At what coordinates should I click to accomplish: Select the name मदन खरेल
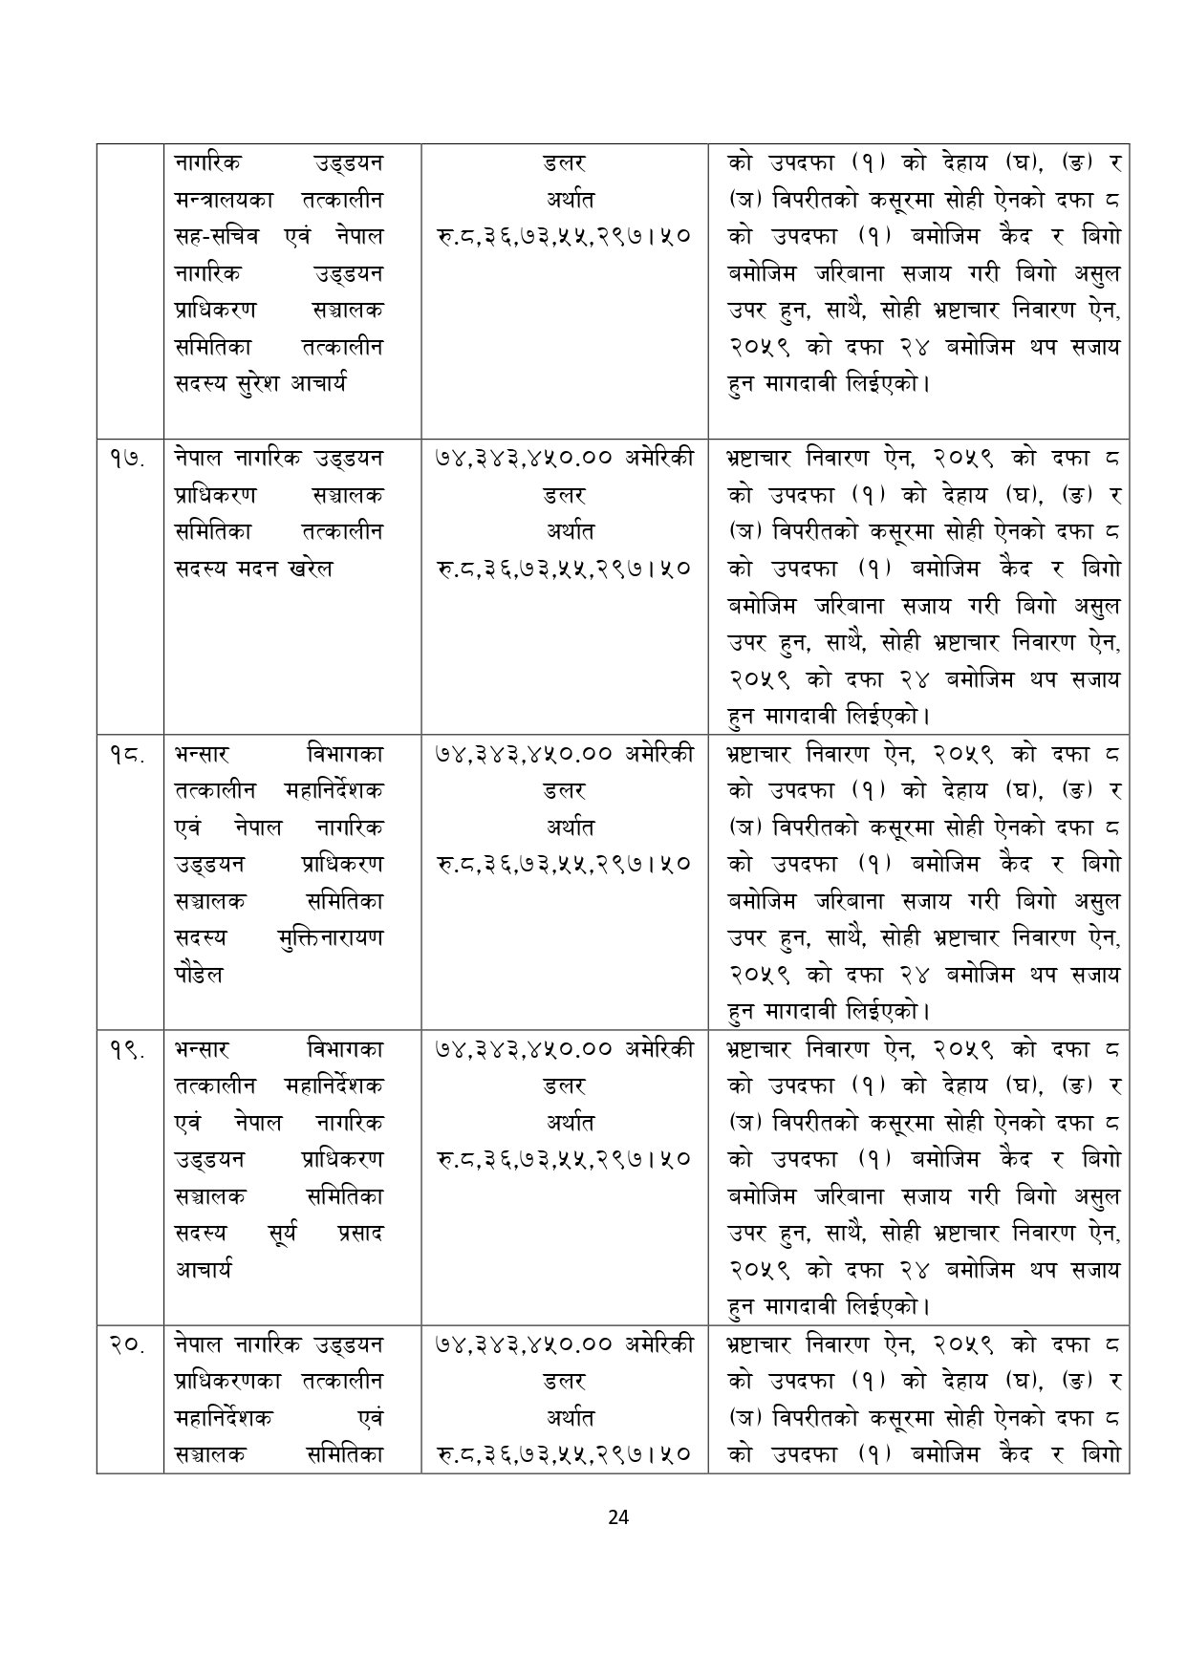pyautogui.click(x=287, y=568)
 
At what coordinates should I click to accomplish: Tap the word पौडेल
pyautogui.click(x=199, y=975)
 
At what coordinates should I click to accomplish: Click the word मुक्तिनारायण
pyautogui.click(x=328, y=937)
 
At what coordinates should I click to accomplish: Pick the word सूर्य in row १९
pyautogui.click(x=281, y=1233)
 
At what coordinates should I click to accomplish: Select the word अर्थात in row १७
pyautogui.click(x=564, y=531)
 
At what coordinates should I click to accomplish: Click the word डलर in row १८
pyautogui.click(x=564, y=790)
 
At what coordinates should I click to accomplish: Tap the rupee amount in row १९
pyautogui.click(x=564, y=1159)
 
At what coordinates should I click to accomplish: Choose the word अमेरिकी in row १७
pyautogui.click(x=659, y=459)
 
